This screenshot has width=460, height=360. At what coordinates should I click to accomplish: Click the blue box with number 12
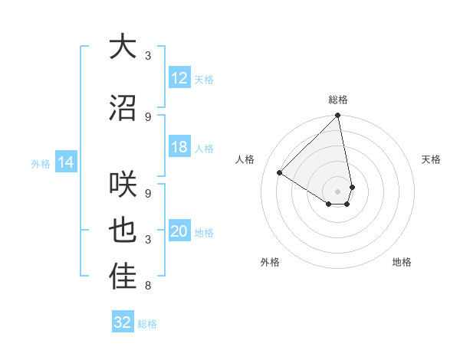point(179,78)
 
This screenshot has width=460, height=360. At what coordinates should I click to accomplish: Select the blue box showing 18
point(179,148)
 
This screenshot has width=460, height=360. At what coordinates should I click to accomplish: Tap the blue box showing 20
point(179,232)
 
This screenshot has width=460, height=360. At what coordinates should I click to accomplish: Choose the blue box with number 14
point(65,163)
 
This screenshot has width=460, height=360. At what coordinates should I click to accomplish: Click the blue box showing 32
point(123,322)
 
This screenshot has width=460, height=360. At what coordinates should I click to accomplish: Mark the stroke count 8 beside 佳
point(148,286)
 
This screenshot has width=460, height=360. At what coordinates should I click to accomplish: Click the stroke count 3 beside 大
point(148,56)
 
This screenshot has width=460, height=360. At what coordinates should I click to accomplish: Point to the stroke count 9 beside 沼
point(148,116)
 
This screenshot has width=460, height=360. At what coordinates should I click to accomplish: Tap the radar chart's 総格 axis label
point(338,100)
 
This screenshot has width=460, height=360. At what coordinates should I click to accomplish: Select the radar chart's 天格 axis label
point(432,159)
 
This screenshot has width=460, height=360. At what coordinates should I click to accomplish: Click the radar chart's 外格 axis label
point(270,262)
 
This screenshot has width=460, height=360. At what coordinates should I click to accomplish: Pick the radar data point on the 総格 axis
point(338,116)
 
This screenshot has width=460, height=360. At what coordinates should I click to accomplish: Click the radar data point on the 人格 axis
point(280,172)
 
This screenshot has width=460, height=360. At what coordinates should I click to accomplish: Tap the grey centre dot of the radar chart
point(338,191)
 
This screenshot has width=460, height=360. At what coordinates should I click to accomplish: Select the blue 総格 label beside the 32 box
point(147,324)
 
